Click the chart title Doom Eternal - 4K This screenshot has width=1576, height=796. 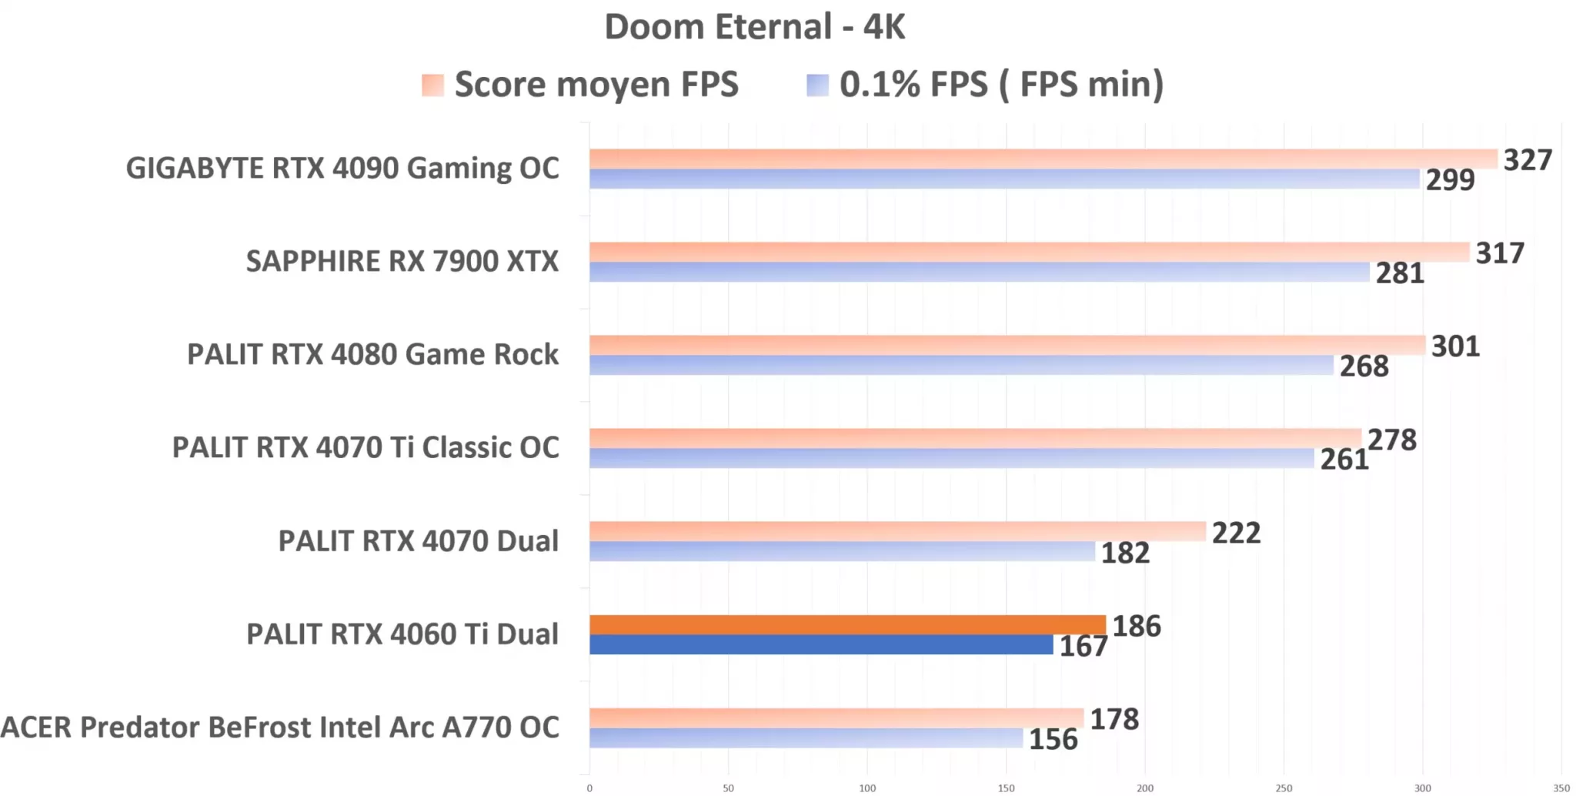(x=754, y=27)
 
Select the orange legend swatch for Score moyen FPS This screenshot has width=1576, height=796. (x=432, y=85)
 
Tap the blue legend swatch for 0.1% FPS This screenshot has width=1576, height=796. (x=817, y=85)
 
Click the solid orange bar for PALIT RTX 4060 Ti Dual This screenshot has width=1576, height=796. (x=846, y=624)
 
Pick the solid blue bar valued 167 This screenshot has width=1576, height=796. (x=820, y=645)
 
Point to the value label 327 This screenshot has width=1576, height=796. (x=1528, y=160)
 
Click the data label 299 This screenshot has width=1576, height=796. (x=1450, y=180)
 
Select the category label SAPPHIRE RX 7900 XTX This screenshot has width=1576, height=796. (x=402, y=262)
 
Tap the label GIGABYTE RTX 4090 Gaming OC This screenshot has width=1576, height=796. (x=342, y=169)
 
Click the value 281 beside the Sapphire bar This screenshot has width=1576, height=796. (x=1400, y=273)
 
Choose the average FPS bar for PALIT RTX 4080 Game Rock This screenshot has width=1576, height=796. (x=1007, y=345)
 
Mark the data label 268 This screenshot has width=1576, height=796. (x=1364, y=366)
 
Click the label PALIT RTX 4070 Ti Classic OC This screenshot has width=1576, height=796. (x=366, y=448)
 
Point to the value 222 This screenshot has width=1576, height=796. (x=1236, y=533)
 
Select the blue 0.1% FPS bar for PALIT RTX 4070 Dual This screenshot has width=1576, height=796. (x=842, y=551)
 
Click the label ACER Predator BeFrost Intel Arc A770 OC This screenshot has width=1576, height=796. (x=280, y=727)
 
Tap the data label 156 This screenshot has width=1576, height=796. (x=1053, y=740)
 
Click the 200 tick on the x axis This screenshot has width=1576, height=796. (x=1144, y=788)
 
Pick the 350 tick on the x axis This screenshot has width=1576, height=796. (x=1561, y=788)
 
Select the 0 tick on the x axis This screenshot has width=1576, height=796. (x=589, y=788)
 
